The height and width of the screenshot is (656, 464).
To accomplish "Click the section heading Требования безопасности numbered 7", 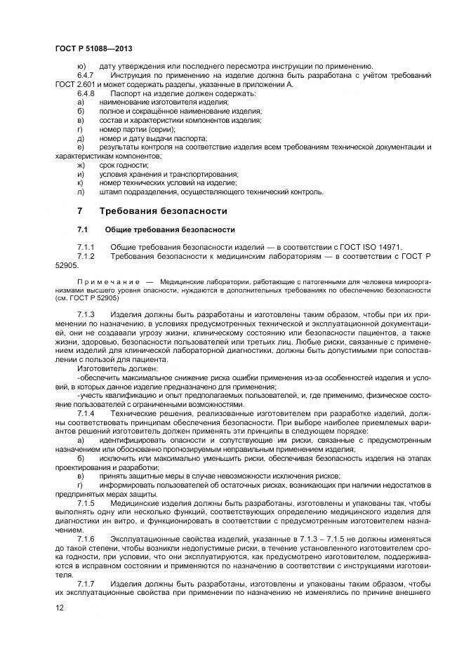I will tap(163, 210).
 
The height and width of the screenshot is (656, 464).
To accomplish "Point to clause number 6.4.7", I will tap(86, 75).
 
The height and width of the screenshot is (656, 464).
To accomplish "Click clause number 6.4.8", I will tap(86, 93).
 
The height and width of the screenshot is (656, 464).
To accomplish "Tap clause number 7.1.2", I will tap(85, 257).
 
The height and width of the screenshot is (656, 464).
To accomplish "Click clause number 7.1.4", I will tap(85, 414).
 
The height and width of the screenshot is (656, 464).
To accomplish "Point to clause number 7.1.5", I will tap(85, 505).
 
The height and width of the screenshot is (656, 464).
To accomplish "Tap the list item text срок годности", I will tap(124, 165).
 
